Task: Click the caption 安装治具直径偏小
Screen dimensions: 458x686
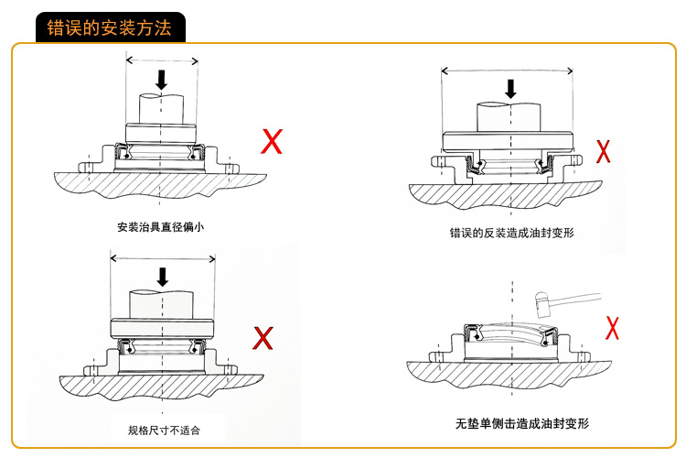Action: coord(160,226)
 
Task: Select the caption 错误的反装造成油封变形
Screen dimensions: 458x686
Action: coord(511,234)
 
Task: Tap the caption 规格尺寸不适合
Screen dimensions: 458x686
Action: coord(164,429)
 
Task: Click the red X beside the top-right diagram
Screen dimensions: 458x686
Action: coord(604,151)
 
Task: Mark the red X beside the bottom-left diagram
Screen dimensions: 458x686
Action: coord(263,338)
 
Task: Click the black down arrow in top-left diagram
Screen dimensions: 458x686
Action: coord(162,80)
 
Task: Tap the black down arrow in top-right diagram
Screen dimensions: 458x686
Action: coord(510,88)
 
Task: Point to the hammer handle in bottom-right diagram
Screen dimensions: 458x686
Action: coord(575,297)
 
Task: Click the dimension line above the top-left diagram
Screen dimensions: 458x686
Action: coord(162,61)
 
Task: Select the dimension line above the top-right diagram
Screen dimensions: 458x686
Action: coord(508,71)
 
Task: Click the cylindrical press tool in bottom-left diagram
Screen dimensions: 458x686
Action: coord(162,304)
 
